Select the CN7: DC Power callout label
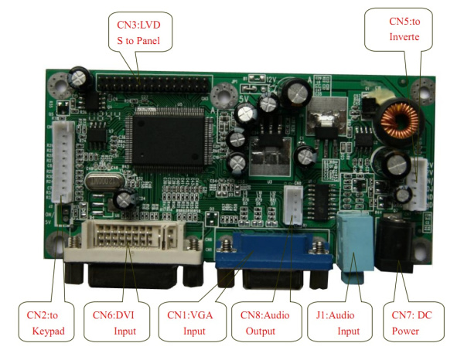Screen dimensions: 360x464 point(414,324)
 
